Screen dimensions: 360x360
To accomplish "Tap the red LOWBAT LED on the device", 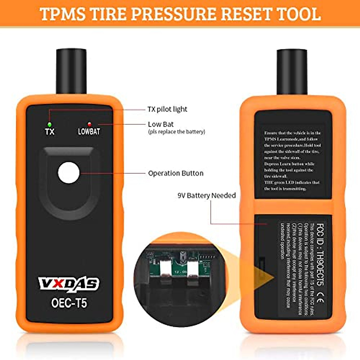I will pos(89,124).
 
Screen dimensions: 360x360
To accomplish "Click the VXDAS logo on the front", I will pos(69,283).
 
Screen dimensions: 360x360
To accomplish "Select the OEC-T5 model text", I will pos(69,303).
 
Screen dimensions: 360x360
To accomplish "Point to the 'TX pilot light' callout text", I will pos(167,109).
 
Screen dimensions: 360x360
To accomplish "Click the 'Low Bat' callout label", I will pos(160,124).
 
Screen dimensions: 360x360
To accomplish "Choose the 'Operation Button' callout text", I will pos(175,173).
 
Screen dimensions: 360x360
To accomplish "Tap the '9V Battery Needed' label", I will pos(207,196).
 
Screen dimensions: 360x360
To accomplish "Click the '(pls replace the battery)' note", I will pos(176,132).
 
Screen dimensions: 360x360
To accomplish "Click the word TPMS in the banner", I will pos(62,14).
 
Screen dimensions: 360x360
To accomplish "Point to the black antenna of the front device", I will pos(71,70).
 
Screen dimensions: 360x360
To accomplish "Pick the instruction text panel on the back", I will pos(292,160).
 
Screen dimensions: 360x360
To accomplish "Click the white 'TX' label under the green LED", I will pos(49,131).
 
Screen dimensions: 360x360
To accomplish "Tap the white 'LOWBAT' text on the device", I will pos(89,131).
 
